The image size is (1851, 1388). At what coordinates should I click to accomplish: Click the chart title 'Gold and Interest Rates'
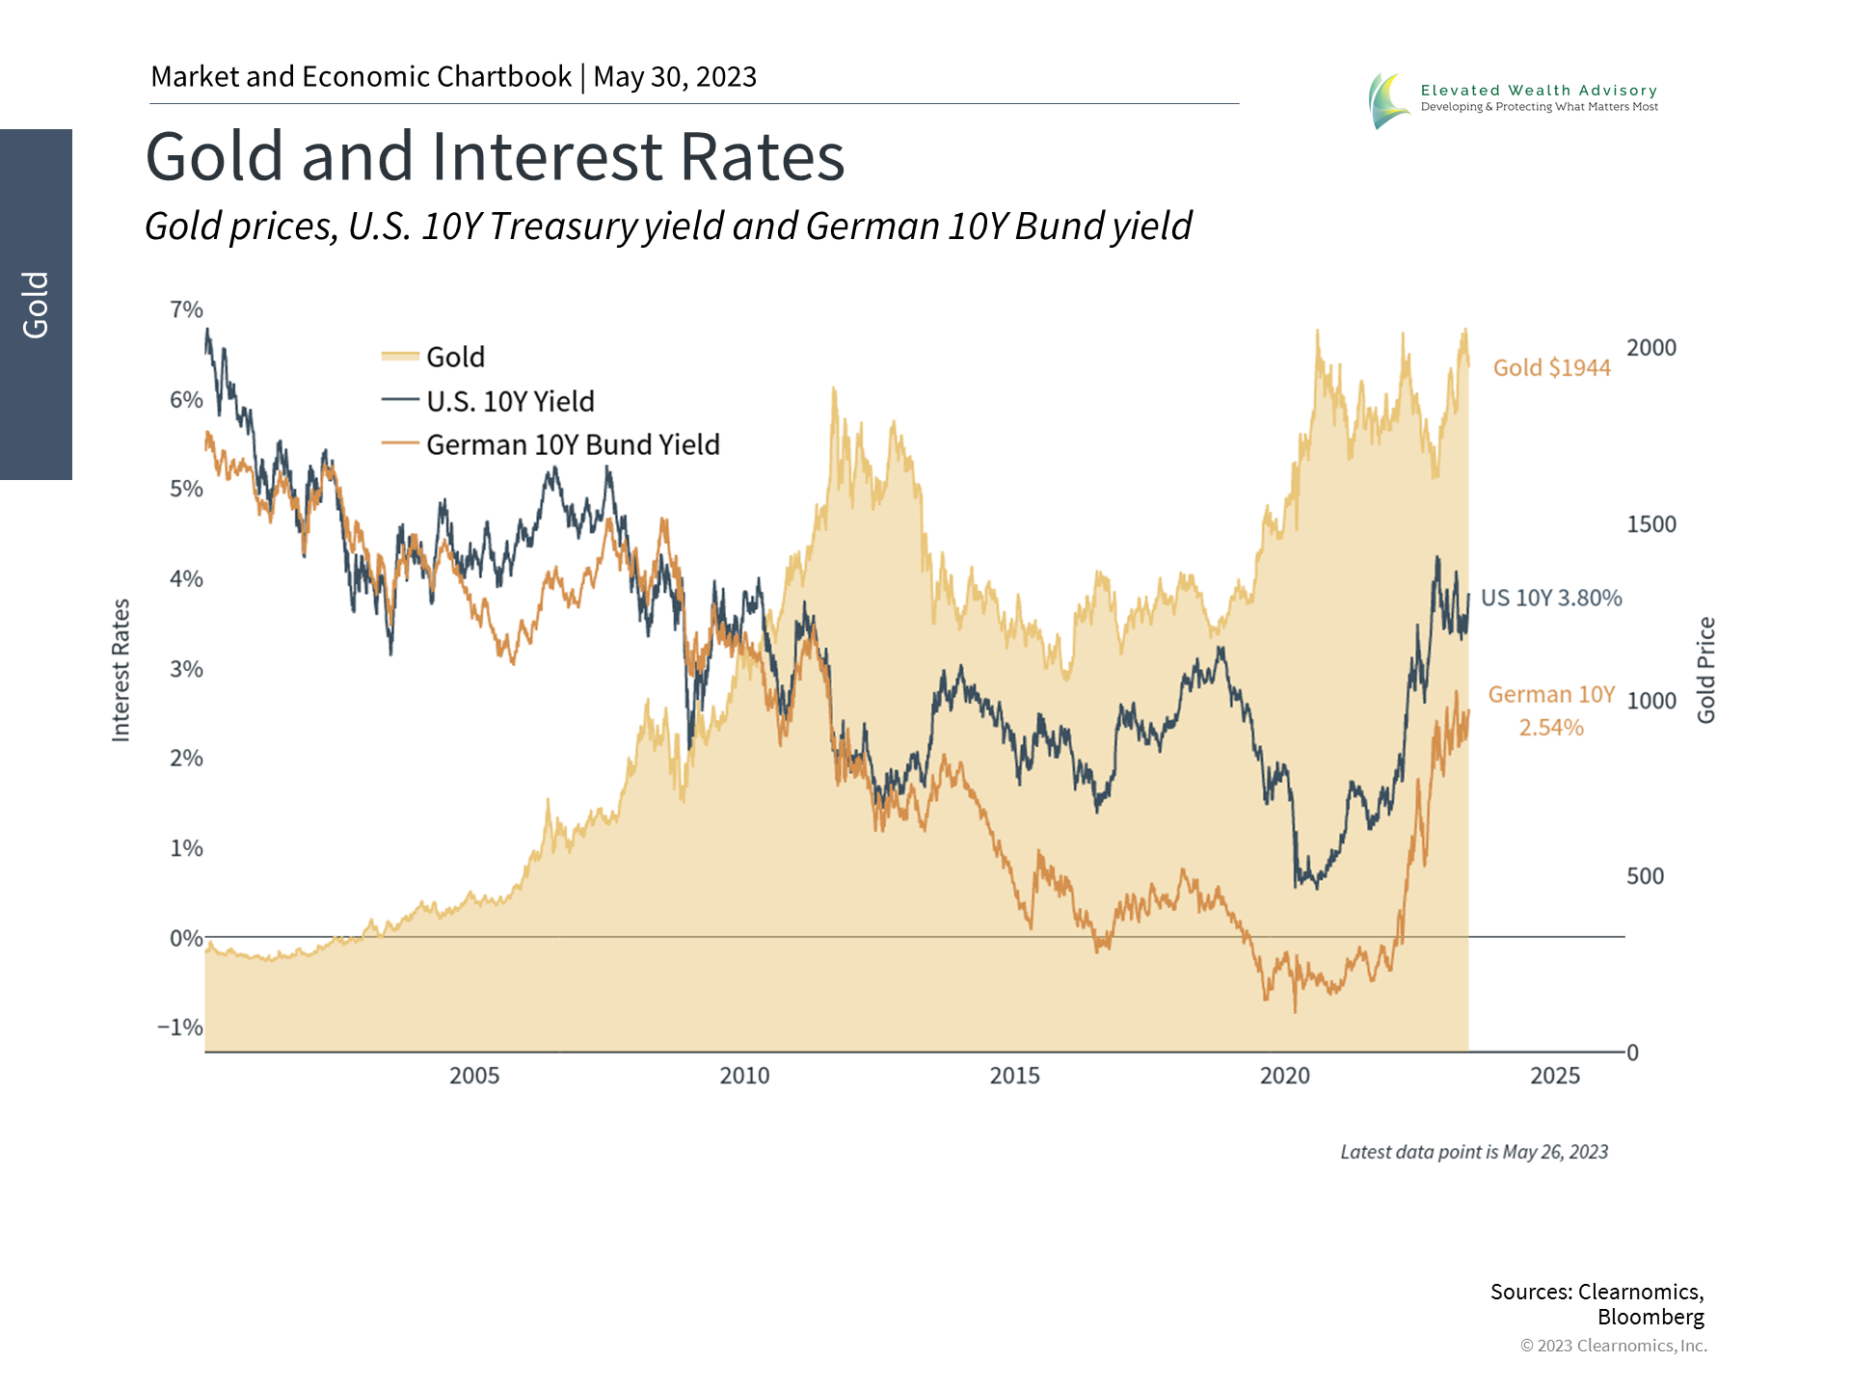(x=495, y=157)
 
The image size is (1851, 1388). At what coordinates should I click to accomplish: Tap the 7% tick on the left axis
(x=186, y=310)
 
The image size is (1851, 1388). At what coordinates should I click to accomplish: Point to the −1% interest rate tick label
(x=180, y=1028)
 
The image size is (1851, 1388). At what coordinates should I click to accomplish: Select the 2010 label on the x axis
(x=744, y=1076)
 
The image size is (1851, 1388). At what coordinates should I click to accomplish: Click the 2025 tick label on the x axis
(x=1554, y=1076)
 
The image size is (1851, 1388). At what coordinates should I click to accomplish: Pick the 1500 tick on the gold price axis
(x=1651, y=524)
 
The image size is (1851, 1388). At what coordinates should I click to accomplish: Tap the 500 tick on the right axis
(x=1645, y=876)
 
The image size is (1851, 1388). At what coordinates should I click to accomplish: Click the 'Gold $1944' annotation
(x=1551, y=368)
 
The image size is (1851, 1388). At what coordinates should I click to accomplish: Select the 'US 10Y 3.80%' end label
(x=1550, y=599)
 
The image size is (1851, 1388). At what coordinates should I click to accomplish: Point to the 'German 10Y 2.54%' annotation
(x=1551, y=710)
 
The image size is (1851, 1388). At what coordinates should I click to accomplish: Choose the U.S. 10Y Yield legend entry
(x=509, y=402)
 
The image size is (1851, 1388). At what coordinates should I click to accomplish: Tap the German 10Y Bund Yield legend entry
(x=572, y=445)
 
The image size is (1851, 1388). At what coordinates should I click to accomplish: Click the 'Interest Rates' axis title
(x=121, y=670)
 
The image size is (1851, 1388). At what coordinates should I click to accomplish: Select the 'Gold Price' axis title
(x=1706, y=670)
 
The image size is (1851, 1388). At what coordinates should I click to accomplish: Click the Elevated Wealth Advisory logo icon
(x=1387, y=100)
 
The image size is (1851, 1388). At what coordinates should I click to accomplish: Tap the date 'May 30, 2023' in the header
(x=675, y=77)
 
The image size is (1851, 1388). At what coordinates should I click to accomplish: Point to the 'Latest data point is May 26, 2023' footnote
(x=1473, y=1153)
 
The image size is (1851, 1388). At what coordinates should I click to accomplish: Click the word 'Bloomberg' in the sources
(x=1650, y=1318)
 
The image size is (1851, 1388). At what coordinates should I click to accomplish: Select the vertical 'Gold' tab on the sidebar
(x=36, y=305)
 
